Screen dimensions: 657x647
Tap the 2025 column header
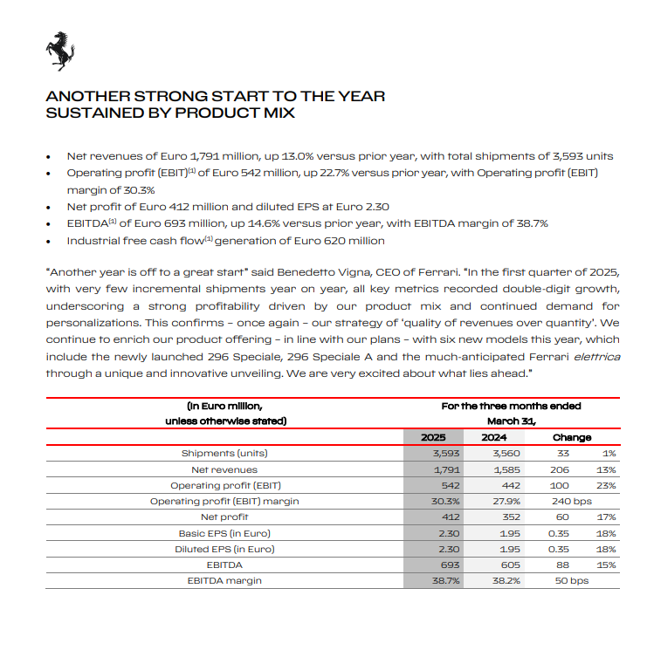pyautogui.click(x=433, y=437)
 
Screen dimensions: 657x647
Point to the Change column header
pyautogui.click(x=572, y=437)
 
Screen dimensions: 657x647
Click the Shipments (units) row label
pyautogui.click(x=224, y=453)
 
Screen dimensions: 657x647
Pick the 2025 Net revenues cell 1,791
pyautogui.click(x=434, y=469)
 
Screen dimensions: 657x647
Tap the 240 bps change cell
pyautogui.click(x=572, y=501)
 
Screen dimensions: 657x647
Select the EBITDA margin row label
pyautogui.click(x=224, y=580)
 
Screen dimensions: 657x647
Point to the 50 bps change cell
pyautogui.click(x=572, y=580)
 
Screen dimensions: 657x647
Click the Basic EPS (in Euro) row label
pyautogui.click(x=224, y=532)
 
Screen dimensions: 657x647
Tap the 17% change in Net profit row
pyautogui.click(x=608, y=517)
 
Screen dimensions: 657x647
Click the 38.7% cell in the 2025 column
pyautogui.click(x=434, y=580)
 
